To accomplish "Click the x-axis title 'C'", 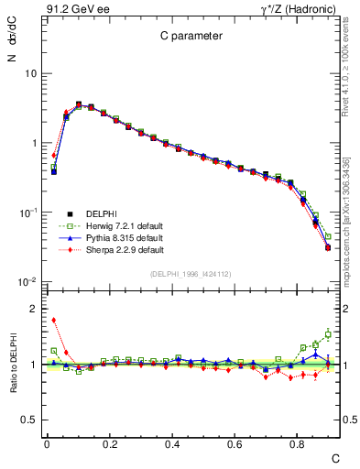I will tap(334, 457).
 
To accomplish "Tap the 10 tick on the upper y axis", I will tap(29, 73).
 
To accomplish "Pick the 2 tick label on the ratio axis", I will tap(34, 309).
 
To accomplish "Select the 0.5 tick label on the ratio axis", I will tap(29, 420).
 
